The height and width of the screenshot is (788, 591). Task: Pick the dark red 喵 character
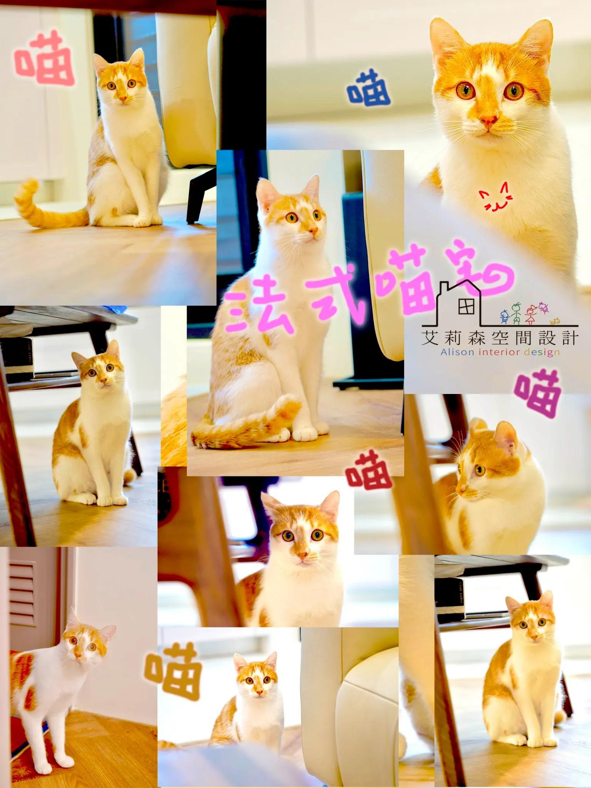click(x=369, y=470)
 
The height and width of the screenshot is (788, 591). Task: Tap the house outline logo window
click(x=466, y=307)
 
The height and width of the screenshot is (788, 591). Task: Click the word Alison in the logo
click(x=457, y=352)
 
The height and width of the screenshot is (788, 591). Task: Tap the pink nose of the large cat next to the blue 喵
click(x=489, y=120)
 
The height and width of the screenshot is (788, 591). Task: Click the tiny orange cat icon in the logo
click(x=554, y=321)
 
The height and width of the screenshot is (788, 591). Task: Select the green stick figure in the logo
click(x=516, y=313)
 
